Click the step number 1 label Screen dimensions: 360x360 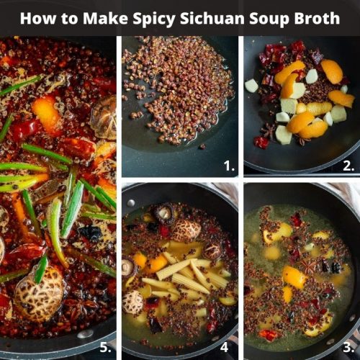pos(229,166)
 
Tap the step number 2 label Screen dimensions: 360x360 pos(348,166)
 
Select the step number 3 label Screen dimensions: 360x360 pos(348,348)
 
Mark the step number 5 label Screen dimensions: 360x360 pos(105,348)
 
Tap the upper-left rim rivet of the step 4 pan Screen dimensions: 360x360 pos(130,192)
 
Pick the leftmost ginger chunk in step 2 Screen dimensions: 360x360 pos(251,86)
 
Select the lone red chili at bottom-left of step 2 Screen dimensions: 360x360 pos(261,142)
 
